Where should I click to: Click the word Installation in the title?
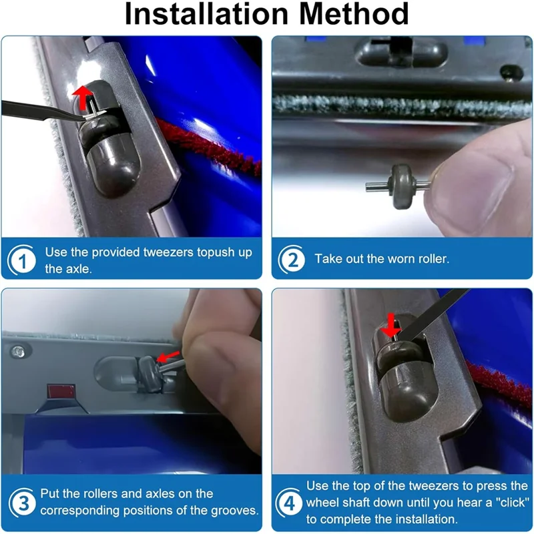click(207, 14)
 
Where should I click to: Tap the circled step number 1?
click(22, 261)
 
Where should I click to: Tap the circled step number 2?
click(292, 260)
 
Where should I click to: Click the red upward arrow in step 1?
click(83, 97)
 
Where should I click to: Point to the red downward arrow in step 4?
click(391, 325)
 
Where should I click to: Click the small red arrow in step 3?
click(168, 356)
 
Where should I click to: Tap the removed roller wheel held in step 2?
click(403, 186)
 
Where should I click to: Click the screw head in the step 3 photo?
click(18, 352)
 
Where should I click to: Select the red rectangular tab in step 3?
click(61, 392)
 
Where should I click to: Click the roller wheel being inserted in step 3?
click(149, 372)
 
